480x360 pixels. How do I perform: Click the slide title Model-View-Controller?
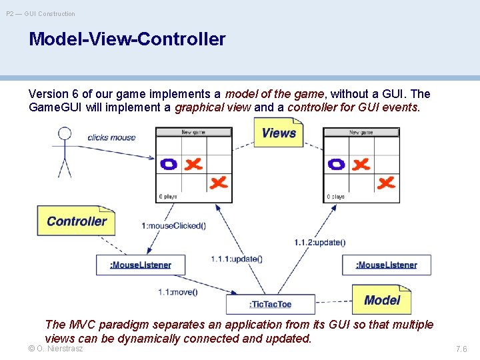coord(127,39)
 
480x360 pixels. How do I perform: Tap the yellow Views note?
coord(278,133)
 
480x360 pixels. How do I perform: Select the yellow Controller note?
coord(77,221)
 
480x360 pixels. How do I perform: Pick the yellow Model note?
coord(381,300)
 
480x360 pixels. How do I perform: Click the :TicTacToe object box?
coord(271,305)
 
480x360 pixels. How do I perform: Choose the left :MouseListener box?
coord(140,265)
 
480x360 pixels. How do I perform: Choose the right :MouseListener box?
coord(387,265)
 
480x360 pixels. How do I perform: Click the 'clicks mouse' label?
coord(111,138)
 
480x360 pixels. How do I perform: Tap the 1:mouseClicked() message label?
coord(174,226)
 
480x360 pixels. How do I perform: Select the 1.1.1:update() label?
coord(237,259)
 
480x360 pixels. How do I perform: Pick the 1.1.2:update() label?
coord(320,242)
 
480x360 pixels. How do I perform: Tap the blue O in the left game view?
coord(169,163)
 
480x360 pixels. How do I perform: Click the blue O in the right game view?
coord(337,163)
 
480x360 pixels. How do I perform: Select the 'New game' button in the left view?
coord(194,132)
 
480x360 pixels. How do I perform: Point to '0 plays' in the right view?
coord(336,197)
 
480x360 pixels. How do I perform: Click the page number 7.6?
coord(461,349)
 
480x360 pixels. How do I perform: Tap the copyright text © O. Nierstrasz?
coord(56,349)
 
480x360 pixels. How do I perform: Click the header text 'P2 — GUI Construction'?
coord(41,13)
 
